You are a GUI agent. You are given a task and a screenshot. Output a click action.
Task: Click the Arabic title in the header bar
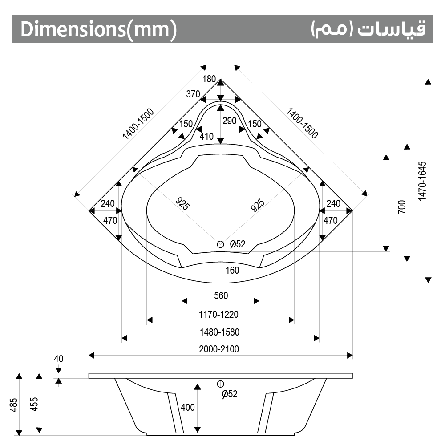point(368,29)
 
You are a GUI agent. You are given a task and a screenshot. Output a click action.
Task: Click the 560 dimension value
point(221,296)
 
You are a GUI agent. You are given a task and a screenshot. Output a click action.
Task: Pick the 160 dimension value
point(232,270)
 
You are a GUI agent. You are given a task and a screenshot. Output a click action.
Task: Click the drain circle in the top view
point(221,244)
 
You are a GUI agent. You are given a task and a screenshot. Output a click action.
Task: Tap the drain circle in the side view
point(221,384)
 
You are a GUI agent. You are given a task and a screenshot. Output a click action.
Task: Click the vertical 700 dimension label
point(401,207)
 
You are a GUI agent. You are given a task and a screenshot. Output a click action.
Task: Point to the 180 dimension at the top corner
point(209,80)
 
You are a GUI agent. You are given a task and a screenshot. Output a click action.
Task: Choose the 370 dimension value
point(193,94)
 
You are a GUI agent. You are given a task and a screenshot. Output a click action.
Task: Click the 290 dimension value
point(230,121)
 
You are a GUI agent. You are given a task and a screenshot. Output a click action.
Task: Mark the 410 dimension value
point(206,137)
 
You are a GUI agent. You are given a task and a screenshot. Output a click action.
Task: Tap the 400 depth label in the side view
point(188,407)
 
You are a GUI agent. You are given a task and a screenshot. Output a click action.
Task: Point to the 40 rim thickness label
point(58,359)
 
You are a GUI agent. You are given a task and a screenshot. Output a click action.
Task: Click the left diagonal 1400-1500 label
point(138,125)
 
